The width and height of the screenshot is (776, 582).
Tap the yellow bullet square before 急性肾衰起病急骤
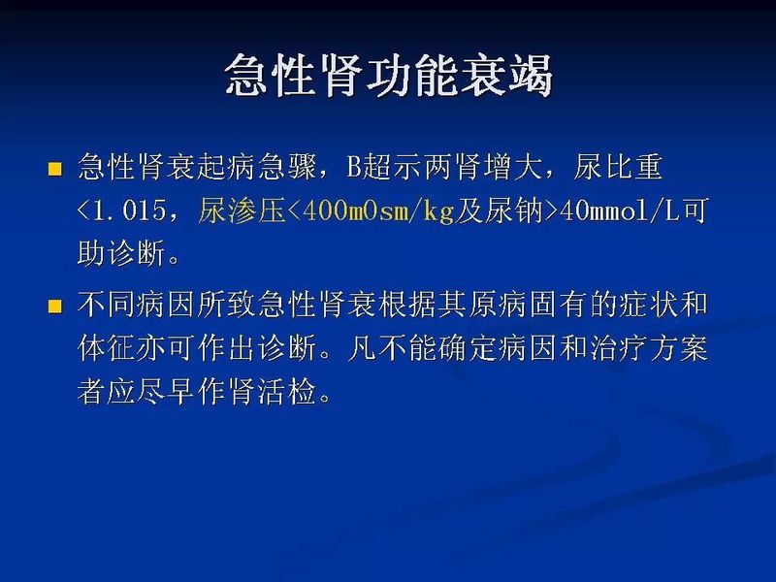click(x=55, y=169)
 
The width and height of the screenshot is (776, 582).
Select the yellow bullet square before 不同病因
click(x=55, y=307)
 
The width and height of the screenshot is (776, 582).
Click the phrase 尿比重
click(x=622, y=168)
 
